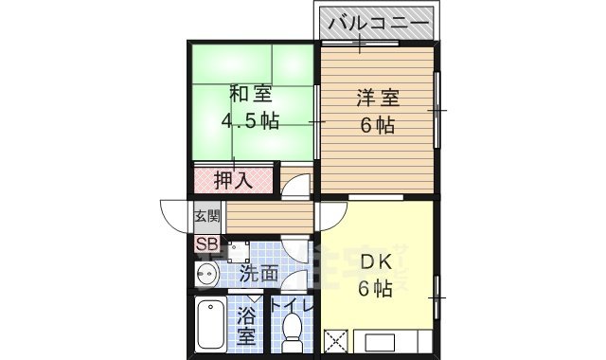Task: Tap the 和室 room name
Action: coord(250,95)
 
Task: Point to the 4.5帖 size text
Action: coord(250,121)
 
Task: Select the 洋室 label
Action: coord(376,98)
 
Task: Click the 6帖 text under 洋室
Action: coord(376,124)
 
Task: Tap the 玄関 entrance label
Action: coord(206,216)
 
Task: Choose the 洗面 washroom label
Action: coord(258,275)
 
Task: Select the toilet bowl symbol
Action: coord(293,333)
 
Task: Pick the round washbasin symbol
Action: coord(207,275)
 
